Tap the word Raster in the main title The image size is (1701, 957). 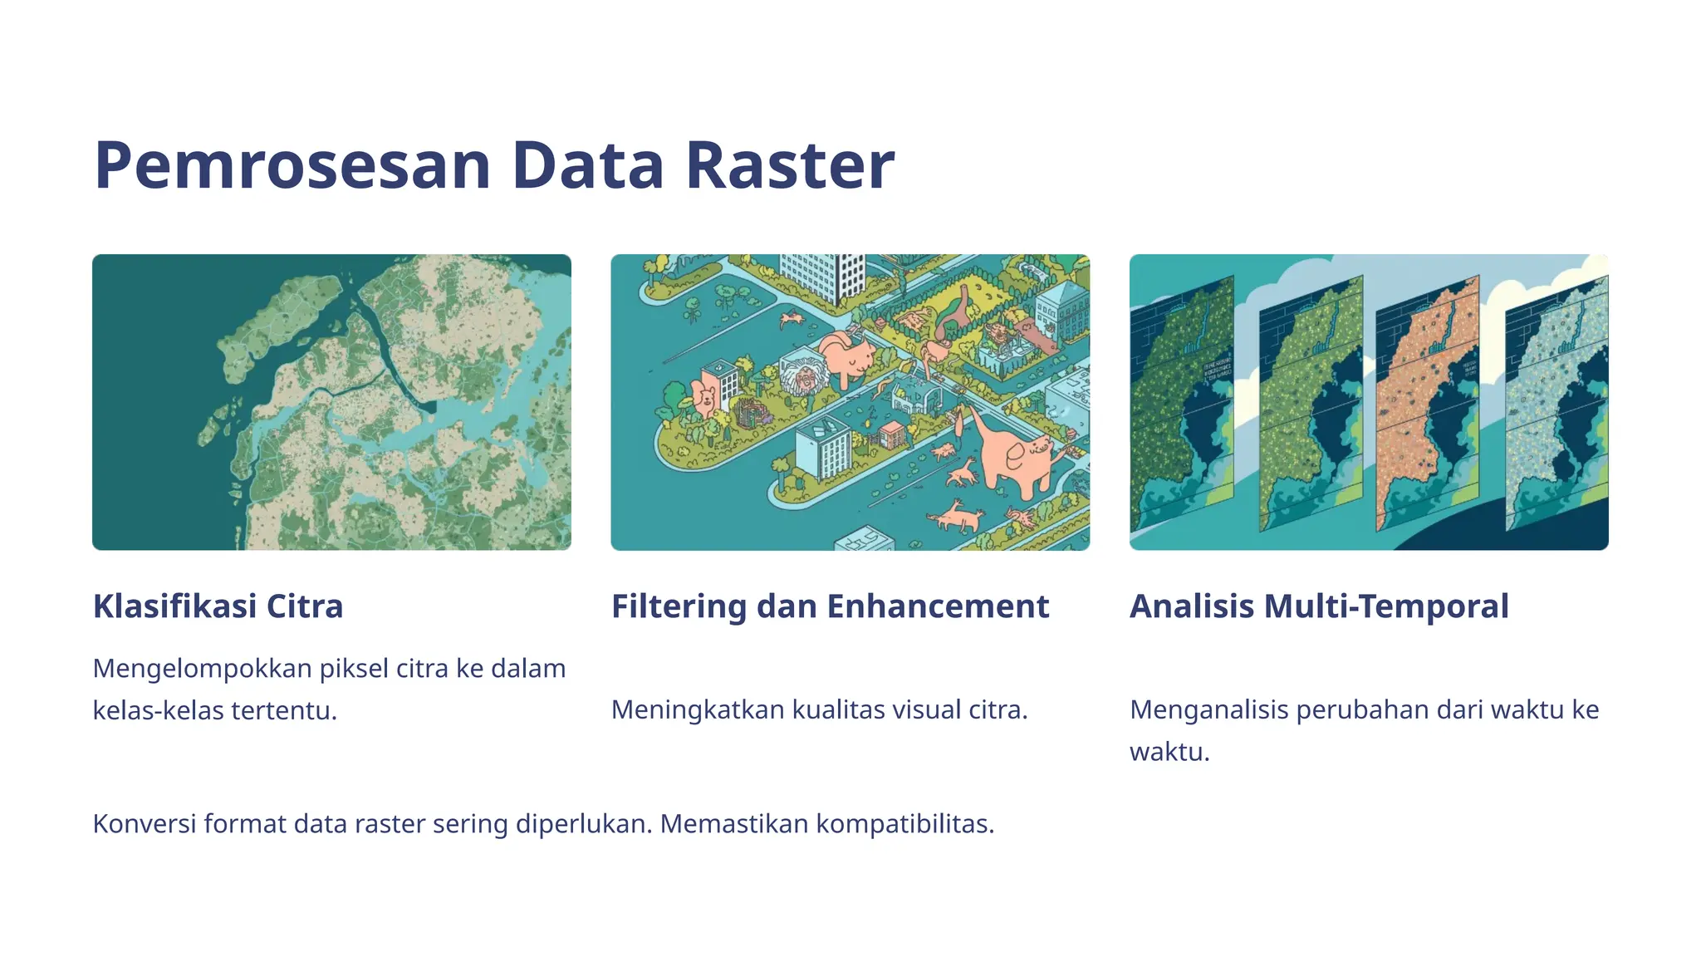(x=790, y=165)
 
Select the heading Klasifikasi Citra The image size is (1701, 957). (x=218, y=606)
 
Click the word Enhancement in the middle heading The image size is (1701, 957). (x=938, y=606)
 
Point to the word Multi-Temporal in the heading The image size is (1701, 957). (x=1386, y=606)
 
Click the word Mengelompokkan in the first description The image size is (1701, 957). (x=203, y=668)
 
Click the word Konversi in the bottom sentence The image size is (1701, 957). (x=145, y=824)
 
